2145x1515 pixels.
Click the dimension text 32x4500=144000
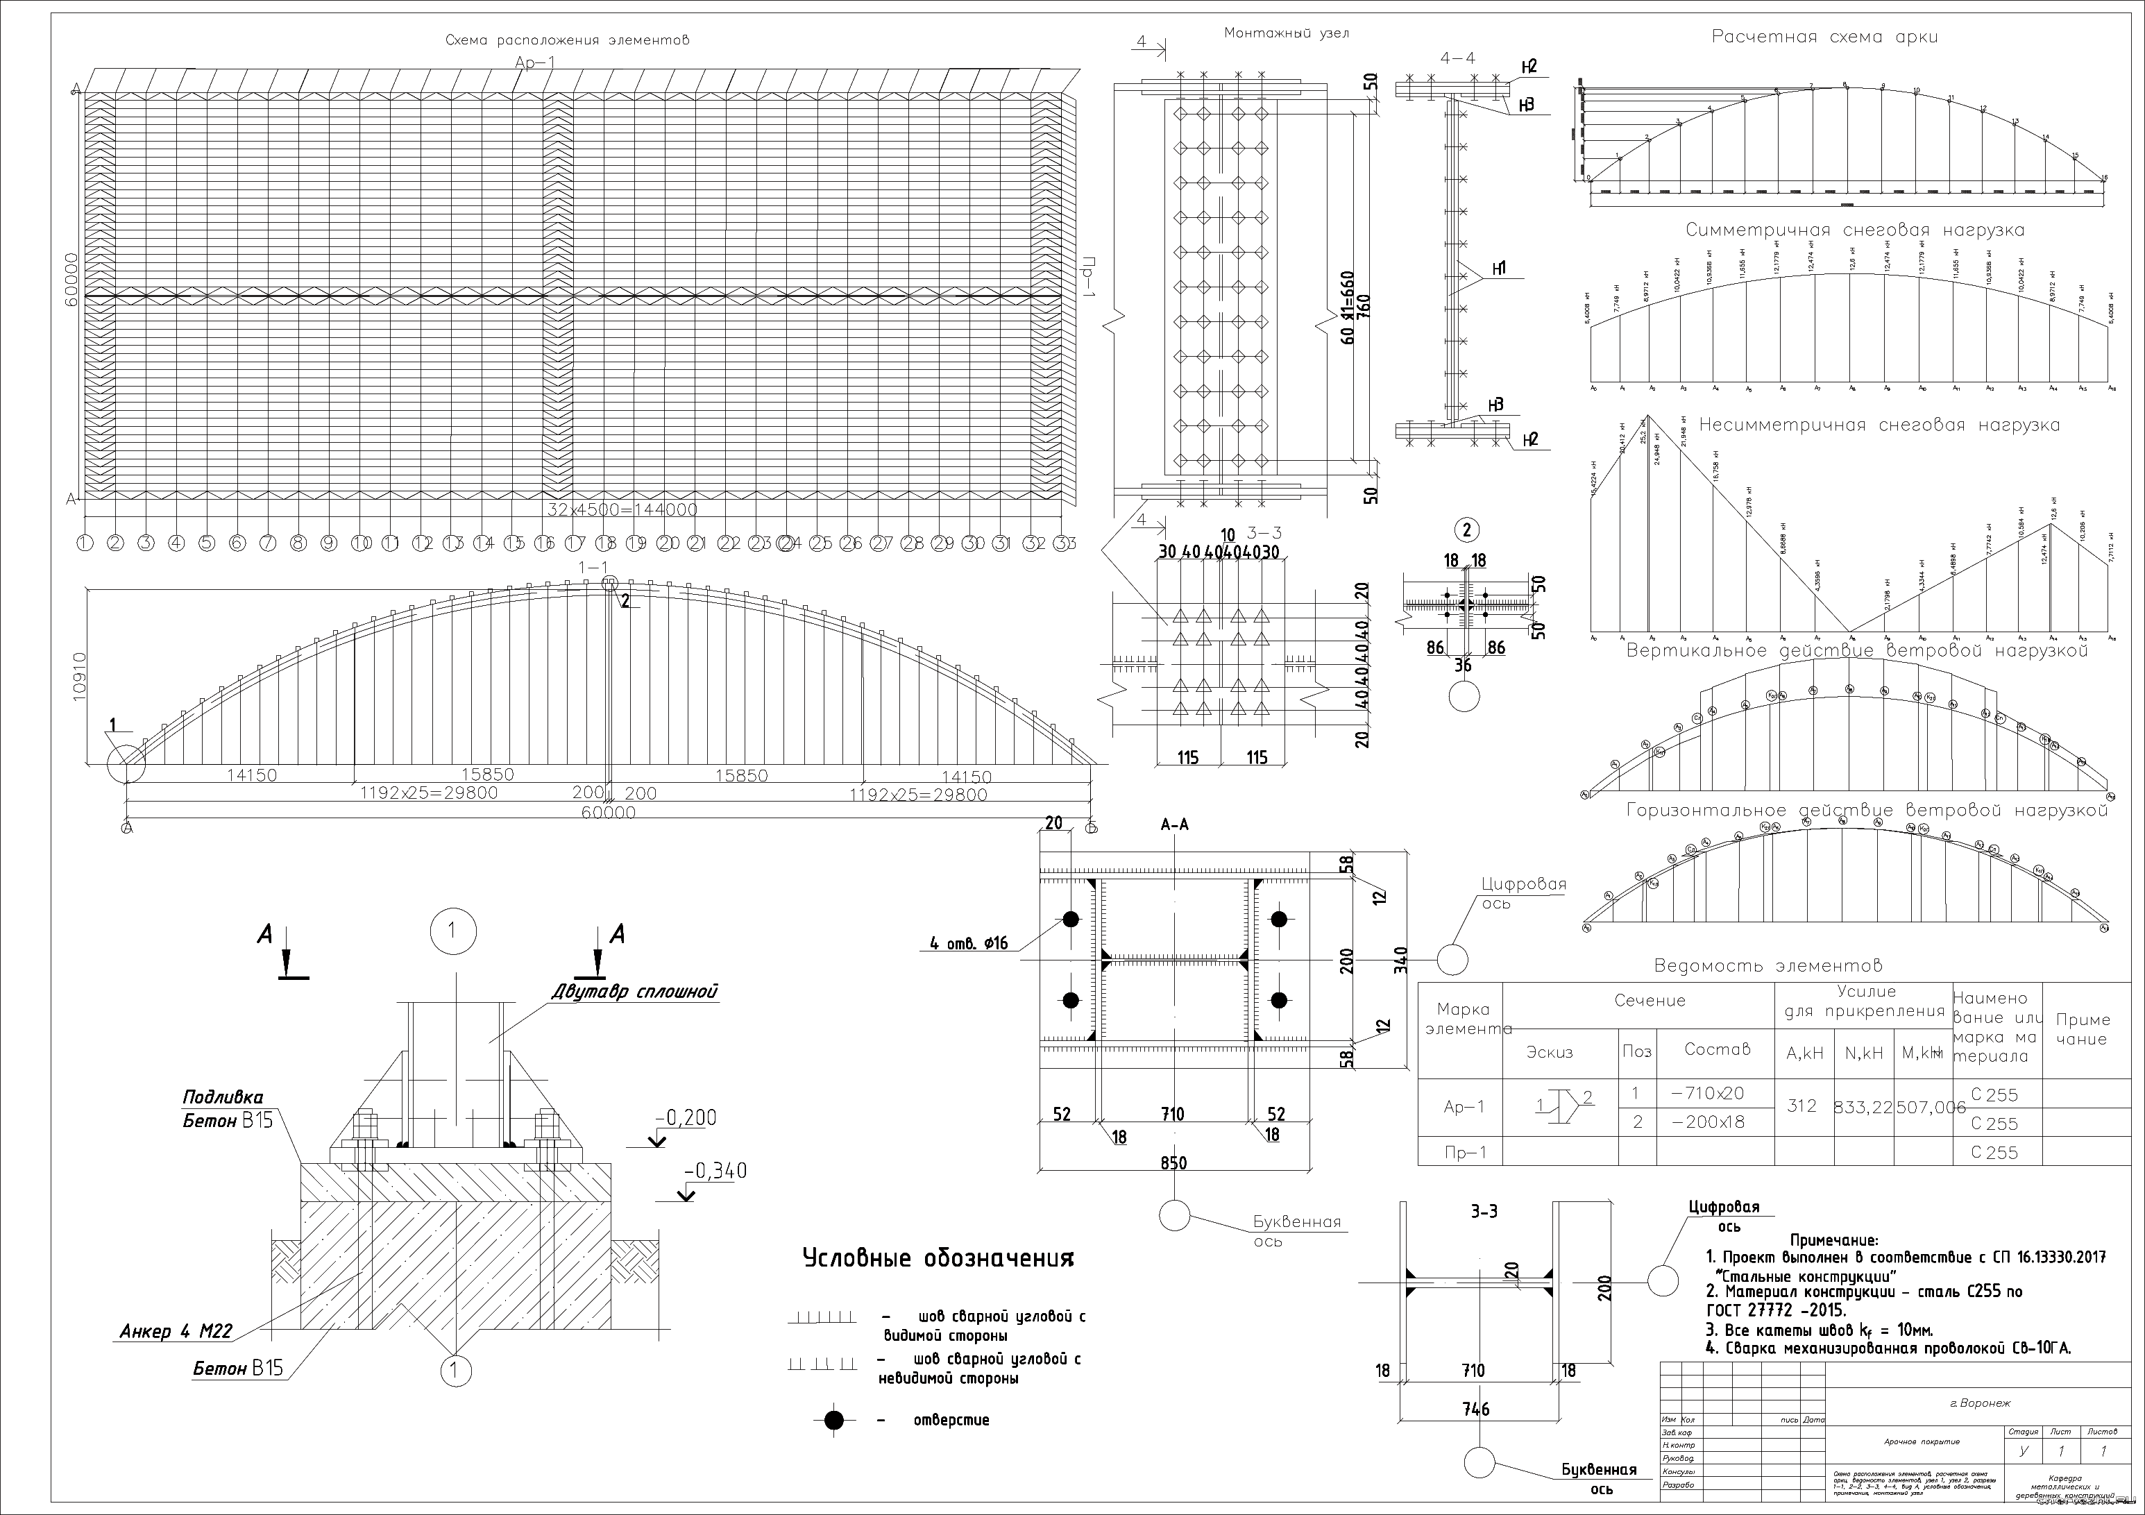(x=622, y=510)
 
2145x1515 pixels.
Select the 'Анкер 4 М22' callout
(x=176, y=1331)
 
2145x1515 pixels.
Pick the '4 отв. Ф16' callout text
(x=969, y=943)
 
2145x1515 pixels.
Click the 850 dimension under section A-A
(x=1173, y=1163)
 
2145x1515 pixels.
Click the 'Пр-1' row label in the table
(x=1464, y=1153)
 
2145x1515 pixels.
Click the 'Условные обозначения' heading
(x=938, y=1259)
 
